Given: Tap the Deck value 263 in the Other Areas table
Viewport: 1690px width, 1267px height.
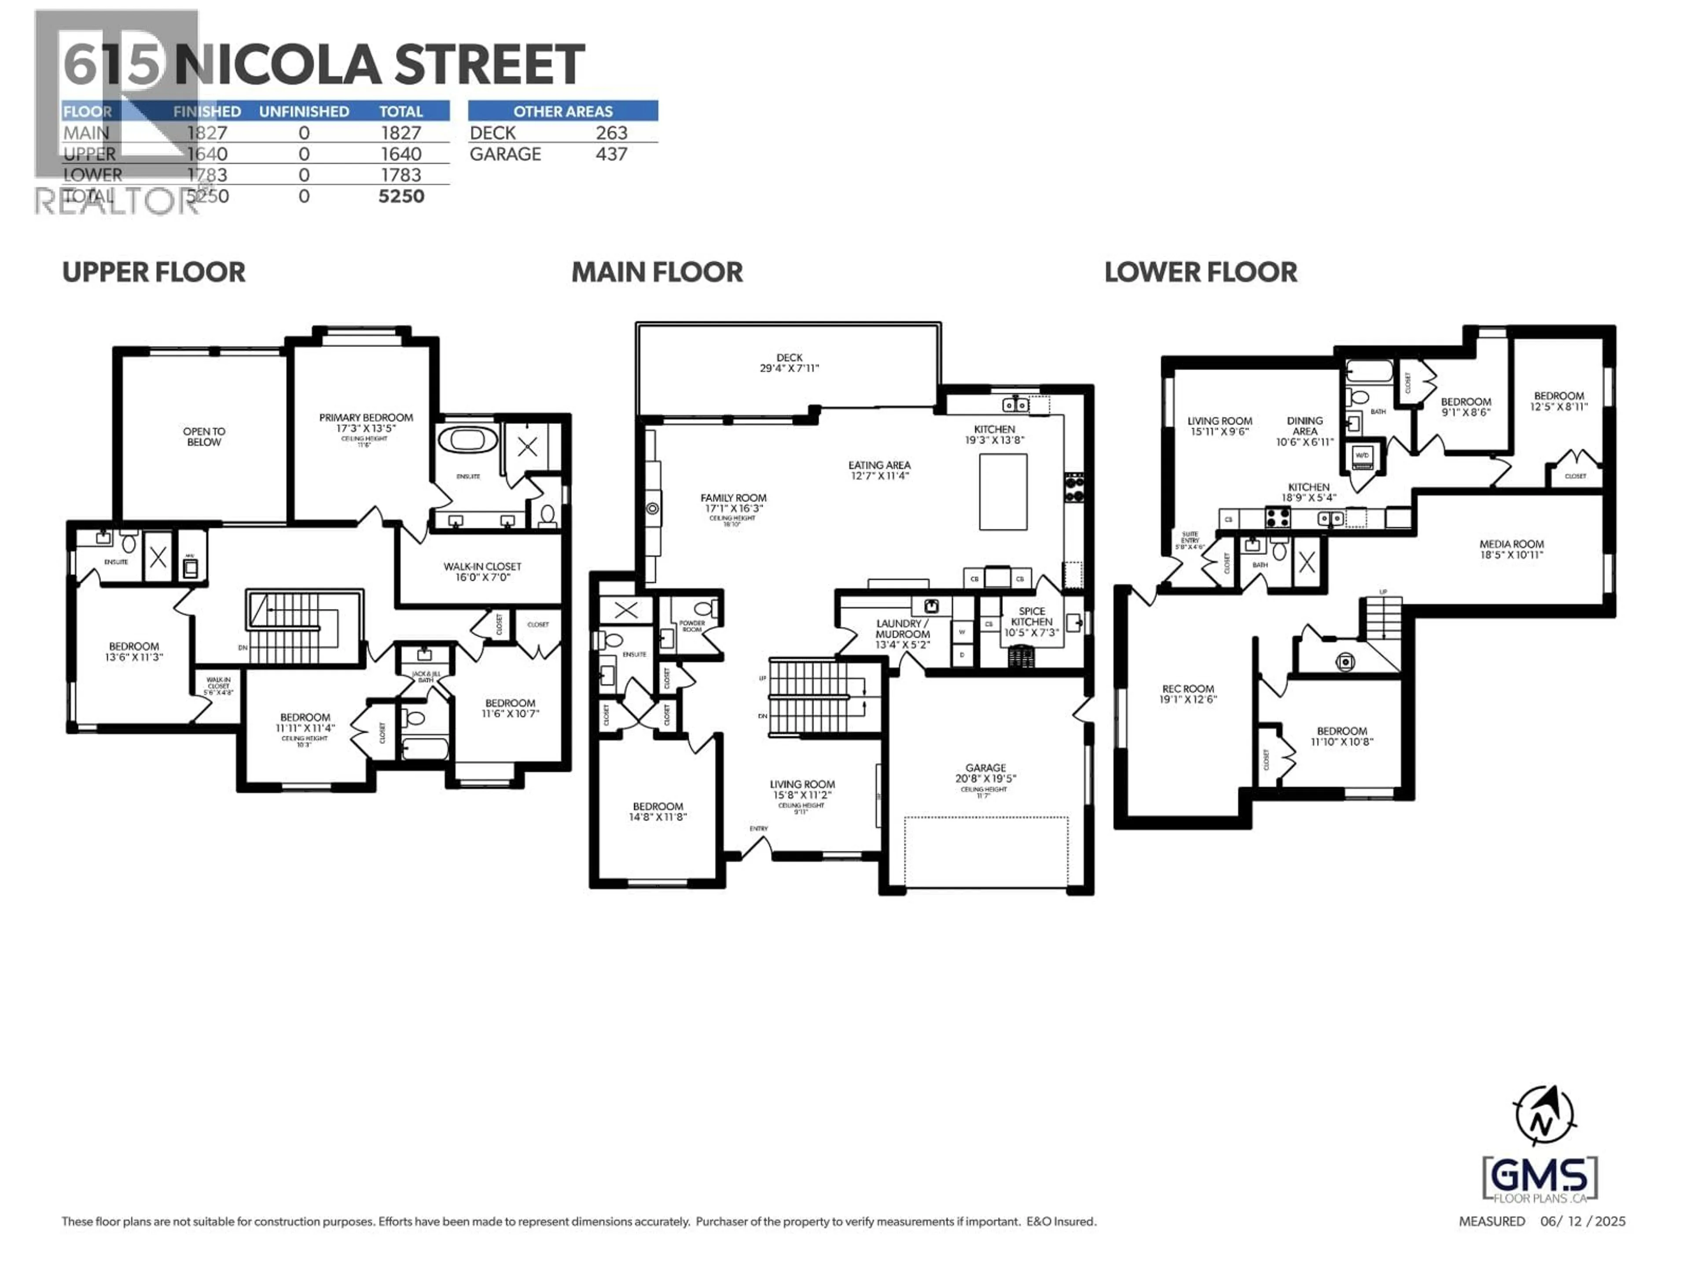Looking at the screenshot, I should (x=611, y=133).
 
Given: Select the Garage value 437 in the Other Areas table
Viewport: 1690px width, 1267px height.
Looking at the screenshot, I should (x=611, y=154).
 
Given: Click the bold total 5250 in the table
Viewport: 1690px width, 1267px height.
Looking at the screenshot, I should (x=401, y=196).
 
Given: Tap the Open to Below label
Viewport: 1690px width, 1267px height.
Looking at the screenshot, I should (x=204, y=437).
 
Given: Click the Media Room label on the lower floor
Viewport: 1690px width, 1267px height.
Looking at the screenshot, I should (x=1511, y=549).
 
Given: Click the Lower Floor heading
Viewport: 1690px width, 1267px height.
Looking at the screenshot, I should (x=1200, y=273).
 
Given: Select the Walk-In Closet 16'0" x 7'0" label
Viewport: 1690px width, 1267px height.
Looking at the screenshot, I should (x=482, y=572).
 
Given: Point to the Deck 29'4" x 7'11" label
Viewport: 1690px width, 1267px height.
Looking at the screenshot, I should (x=789, y=363).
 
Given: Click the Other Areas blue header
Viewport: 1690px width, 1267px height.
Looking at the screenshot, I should (x=562, y=111).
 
